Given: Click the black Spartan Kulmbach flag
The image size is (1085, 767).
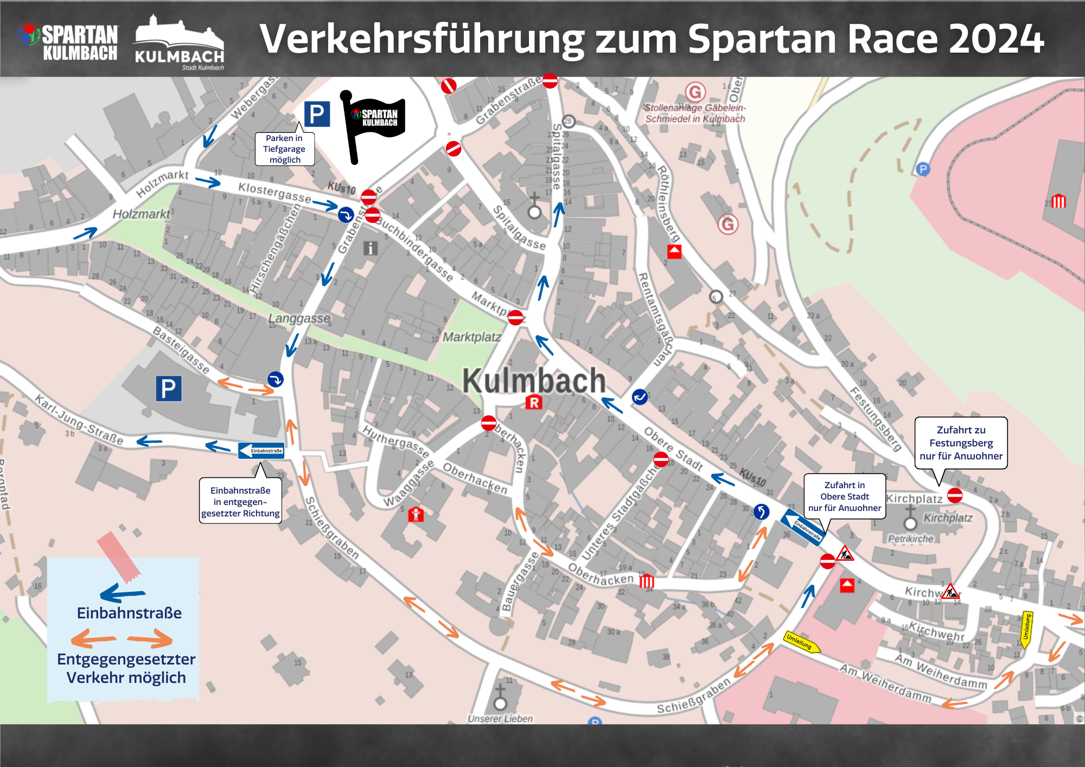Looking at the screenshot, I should pos(374,122).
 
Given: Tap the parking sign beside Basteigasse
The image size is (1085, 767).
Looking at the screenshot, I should pos(168,388).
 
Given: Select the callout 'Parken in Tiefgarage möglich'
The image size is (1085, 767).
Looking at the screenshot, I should pos(285,149).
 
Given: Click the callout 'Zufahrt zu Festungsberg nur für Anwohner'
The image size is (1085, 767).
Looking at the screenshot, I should pos(961,443).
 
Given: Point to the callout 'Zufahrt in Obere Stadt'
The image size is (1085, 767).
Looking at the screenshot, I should pos(844,496).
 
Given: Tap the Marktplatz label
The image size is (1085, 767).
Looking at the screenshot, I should pos(471,337).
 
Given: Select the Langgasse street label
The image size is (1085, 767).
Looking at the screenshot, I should pos(299,318).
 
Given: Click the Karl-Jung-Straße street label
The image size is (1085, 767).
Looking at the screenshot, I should pos(79,420).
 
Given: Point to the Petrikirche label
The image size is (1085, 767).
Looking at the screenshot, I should pos(911,539).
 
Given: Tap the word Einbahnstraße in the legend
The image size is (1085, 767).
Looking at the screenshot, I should pos(129,613).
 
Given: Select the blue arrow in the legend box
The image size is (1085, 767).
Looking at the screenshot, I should pos(123,593).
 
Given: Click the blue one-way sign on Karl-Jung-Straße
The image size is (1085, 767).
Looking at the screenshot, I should pos(261,450).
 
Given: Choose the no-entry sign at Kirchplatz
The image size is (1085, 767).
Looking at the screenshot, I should pos(955,495).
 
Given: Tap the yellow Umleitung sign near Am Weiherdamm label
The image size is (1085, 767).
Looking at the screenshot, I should pos(802,642).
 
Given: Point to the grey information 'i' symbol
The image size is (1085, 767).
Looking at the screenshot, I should pos(370,248).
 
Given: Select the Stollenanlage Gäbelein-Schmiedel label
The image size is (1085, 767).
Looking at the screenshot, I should pos(695,113).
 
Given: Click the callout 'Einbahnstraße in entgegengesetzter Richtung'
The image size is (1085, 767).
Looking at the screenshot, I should pos(240,501).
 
